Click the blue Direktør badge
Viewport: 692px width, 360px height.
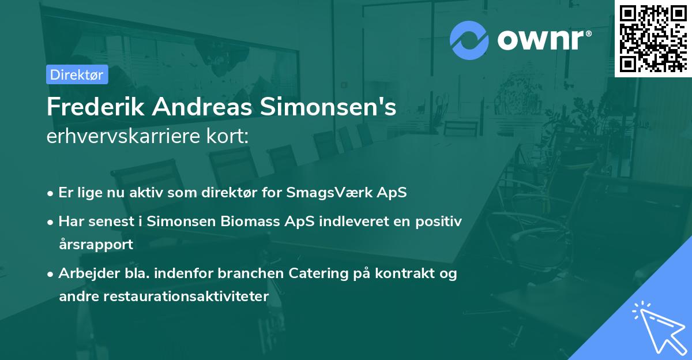77,74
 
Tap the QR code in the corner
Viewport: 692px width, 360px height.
653,38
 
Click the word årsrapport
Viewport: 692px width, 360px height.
96,244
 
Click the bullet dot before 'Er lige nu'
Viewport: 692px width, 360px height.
51,193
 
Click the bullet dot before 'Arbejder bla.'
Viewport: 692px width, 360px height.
51,274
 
